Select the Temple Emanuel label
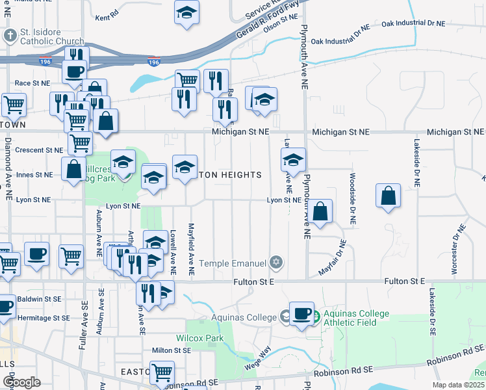[234, 263]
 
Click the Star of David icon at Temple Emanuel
[277, 262]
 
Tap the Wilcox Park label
[200, 338]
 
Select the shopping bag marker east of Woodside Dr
[388, 196]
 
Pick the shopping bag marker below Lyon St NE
[320, 211]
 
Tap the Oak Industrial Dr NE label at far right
[413, 23]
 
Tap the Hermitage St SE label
[44, 318]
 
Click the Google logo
[21, 382]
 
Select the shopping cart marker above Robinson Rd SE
[162, 372]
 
